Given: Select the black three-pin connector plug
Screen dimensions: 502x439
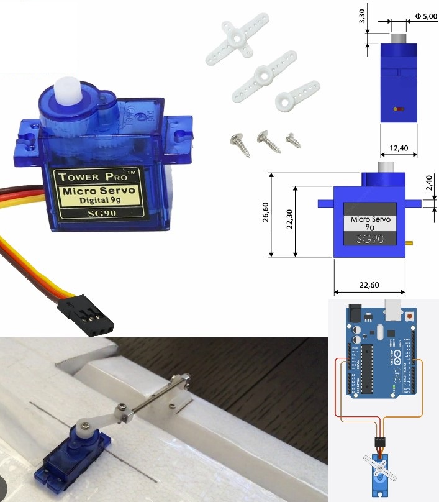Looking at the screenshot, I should click(x=86, y=316).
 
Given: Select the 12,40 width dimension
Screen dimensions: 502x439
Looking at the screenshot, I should click(x=398, y=147).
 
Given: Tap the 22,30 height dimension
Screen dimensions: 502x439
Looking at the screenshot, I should click(x=289, y=220).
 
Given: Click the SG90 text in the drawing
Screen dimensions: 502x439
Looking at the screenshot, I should click(x=370, y=239).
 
